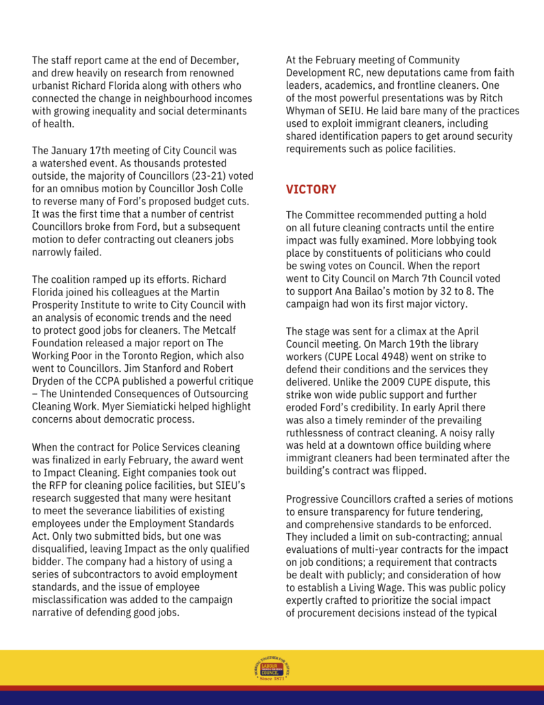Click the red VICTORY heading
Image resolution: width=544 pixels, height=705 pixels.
tap(311, 189)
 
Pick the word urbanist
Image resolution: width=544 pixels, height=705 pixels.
tap(53, 85)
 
